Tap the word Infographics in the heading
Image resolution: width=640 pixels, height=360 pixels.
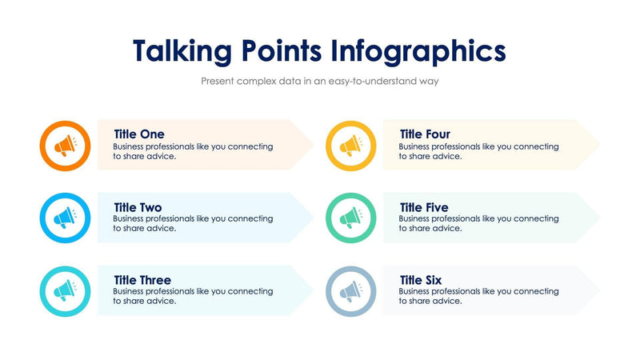coord(419,50)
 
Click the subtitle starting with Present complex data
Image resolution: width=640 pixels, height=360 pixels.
coord(320,81)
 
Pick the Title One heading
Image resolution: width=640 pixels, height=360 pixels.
coord(139,134)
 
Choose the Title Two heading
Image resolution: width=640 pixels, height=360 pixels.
coord(138,207)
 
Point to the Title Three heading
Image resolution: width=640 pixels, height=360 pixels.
coord(142,280)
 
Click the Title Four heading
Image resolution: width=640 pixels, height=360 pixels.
coord(425,134)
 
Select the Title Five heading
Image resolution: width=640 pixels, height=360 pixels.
coord(424,207)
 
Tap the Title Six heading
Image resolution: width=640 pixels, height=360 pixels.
coord(421,280)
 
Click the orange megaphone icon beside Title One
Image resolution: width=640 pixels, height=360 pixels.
coord(65,146)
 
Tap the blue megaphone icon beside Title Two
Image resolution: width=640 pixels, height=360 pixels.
coord(65,218)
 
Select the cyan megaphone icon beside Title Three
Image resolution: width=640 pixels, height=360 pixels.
coord(65,290)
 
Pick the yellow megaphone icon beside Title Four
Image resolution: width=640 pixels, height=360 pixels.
coord(351,146)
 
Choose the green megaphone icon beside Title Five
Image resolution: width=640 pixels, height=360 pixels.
coord(351,218)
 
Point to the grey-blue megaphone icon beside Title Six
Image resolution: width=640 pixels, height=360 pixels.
coord(351,290)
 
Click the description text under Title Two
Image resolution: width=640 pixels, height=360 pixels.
coord(193,223)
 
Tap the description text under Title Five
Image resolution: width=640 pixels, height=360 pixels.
coord(478,223)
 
